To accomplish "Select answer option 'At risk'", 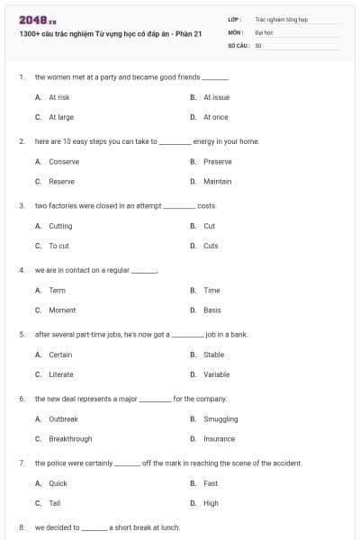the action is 59,97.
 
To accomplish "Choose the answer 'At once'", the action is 216,117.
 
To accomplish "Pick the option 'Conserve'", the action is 64,162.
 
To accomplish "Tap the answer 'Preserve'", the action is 218,162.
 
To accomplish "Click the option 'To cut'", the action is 58,246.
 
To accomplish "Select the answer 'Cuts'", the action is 211,246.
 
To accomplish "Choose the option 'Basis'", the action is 212,310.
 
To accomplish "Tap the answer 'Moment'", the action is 62,310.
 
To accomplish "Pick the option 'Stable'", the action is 214,355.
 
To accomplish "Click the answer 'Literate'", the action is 61,374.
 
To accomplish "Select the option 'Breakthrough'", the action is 70,439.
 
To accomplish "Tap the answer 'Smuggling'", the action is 220,419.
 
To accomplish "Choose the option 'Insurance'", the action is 220,439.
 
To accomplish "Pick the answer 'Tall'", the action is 55,503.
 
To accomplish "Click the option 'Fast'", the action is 211,483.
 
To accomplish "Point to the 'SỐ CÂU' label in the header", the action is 239,43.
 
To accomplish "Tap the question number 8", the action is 22,527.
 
